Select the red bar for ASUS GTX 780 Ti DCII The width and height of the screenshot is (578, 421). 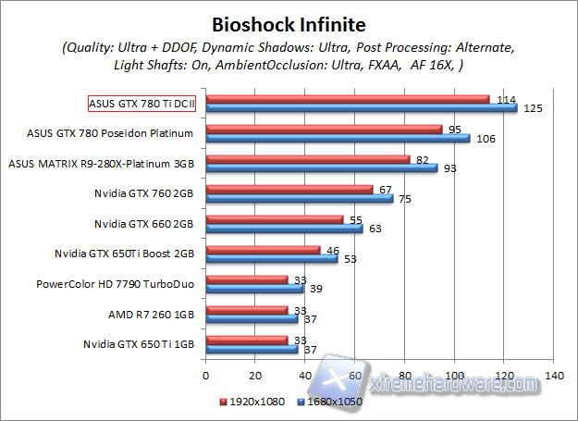point(348,99)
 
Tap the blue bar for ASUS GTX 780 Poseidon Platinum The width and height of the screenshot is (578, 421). point(338,139)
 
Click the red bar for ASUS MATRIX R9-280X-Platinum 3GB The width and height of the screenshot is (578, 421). point(308,159)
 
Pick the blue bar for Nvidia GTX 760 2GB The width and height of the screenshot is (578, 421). point(300,199)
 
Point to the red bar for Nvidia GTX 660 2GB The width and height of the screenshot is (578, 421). point(275,219)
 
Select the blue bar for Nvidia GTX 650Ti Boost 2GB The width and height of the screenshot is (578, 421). point(272,259)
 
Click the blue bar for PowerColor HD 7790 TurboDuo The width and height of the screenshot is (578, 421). point(254,289)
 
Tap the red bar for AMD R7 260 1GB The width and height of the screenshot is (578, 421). point(247,310)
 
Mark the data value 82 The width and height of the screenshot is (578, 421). point(423,160)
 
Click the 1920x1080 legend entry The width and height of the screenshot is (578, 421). point(252,402)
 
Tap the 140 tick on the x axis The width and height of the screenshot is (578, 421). point(555,376)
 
